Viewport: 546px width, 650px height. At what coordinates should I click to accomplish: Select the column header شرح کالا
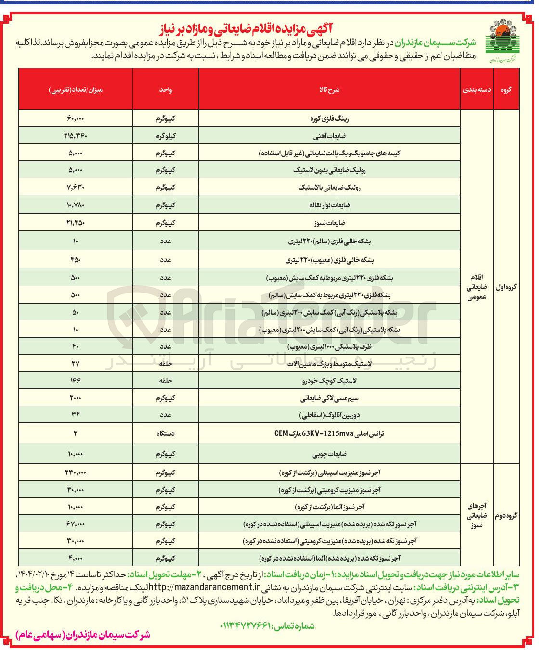(329, 89)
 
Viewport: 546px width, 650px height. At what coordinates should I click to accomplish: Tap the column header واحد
(166, 89)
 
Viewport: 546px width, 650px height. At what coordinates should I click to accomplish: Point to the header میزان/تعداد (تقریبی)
(76, 89)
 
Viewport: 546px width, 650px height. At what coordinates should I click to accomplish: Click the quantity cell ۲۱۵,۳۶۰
(76, 136)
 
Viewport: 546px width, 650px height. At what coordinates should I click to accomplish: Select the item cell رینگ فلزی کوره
(329, 118)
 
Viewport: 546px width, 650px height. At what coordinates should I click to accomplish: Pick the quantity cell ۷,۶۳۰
(76, 188)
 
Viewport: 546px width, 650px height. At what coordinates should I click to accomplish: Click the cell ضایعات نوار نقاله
(329, 205)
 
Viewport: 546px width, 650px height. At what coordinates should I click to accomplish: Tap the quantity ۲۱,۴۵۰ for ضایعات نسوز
(76, 223)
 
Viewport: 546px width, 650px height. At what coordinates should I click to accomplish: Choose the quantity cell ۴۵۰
(76, 260)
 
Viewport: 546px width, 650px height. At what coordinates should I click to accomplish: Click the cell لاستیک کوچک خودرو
(329, 381)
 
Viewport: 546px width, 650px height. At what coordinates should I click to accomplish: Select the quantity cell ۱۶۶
(76, 381)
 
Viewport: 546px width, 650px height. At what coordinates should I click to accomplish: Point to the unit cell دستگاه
(166, 433)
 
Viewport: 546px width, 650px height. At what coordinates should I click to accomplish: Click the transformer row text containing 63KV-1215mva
(329, 433)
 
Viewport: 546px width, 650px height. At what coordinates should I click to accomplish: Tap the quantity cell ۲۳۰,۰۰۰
(76, 472)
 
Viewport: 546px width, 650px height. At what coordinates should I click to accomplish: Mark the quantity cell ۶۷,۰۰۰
(76, 524)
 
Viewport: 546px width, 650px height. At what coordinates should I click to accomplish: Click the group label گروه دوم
(506, 515)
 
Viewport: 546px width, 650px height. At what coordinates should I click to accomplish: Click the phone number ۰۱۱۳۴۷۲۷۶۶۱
(246, 626)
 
